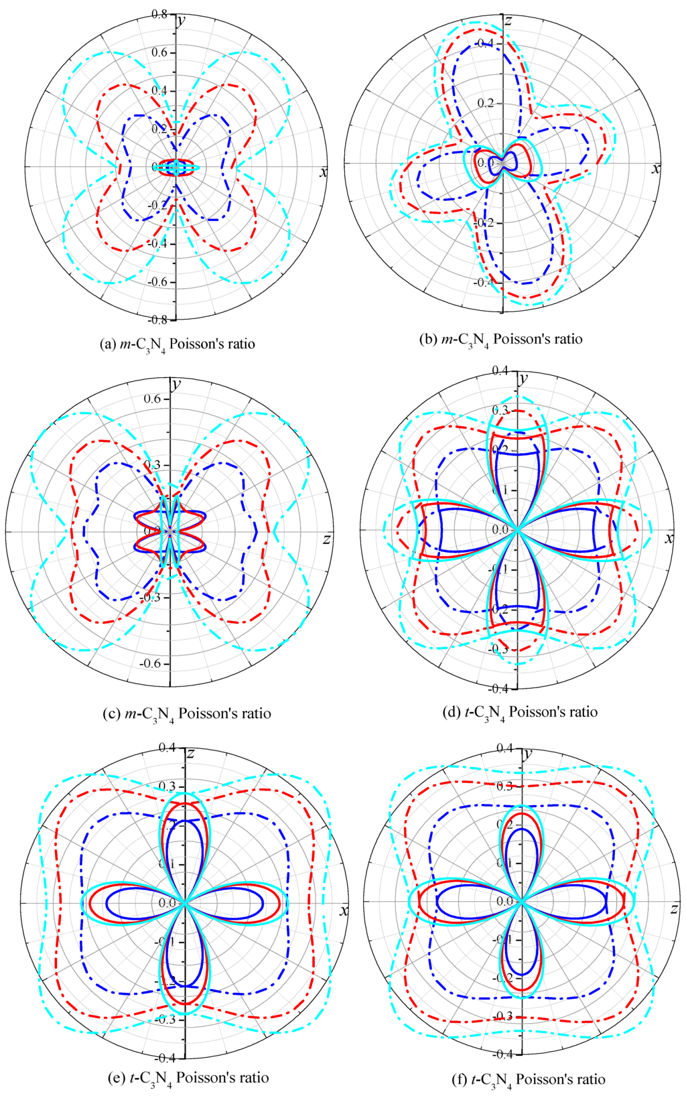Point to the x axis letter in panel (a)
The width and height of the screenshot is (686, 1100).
324,173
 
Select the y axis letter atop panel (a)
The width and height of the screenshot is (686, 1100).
182,19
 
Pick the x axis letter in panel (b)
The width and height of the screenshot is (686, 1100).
656,169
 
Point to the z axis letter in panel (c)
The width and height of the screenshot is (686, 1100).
327,539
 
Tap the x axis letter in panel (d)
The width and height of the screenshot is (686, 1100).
669,539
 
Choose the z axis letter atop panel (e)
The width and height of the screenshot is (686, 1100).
190,754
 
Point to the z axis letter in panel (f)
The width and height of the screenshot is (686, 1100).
674,908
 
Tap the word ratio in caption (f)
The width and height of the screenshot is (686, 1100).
587,1079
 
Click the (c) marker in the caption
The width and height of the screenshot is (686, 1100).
112,713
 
